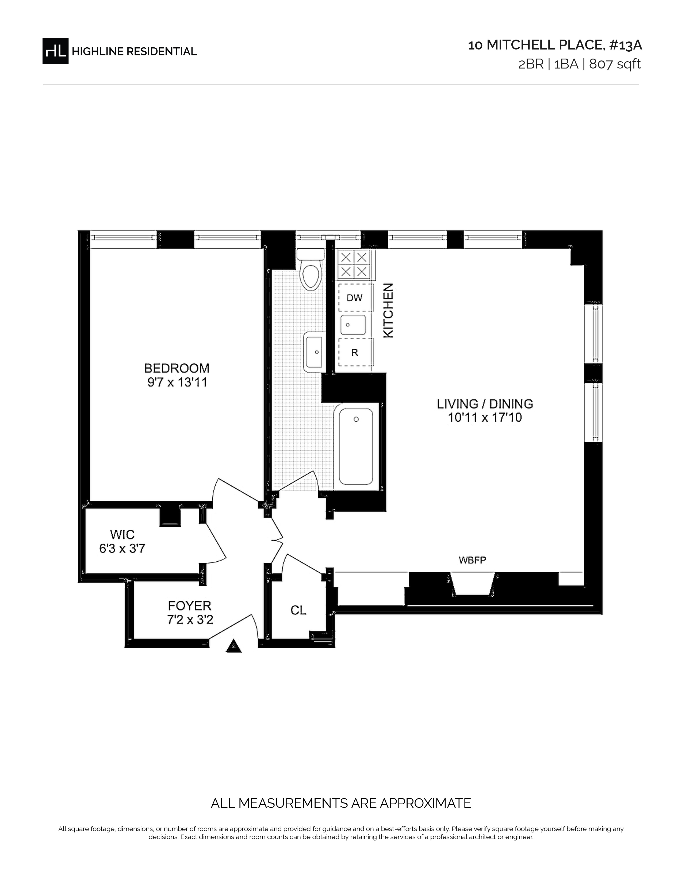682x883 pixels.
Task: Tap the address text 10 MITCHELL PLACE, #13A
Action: click(x=555, y=45)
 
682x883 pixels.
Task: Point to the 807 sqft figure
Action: click(x=615, y=64)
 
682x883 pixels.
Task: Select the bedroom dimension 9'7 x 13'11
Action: click(x=177, y=382)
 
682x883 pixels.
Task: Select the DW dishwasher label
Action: click(x=355, y=298)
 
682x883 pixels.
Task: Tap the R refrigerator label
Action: click(x=355, y=353)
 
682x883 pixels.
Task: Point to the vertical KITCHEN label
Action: click(x=388, y=310)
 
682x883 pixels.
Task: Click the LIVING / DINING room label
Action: click(x=485, y=404)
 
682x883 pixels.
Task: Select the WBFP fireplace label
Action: click(x=472, y=560)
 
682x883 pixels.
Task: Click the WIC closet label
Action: click(x=122, y=535)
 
